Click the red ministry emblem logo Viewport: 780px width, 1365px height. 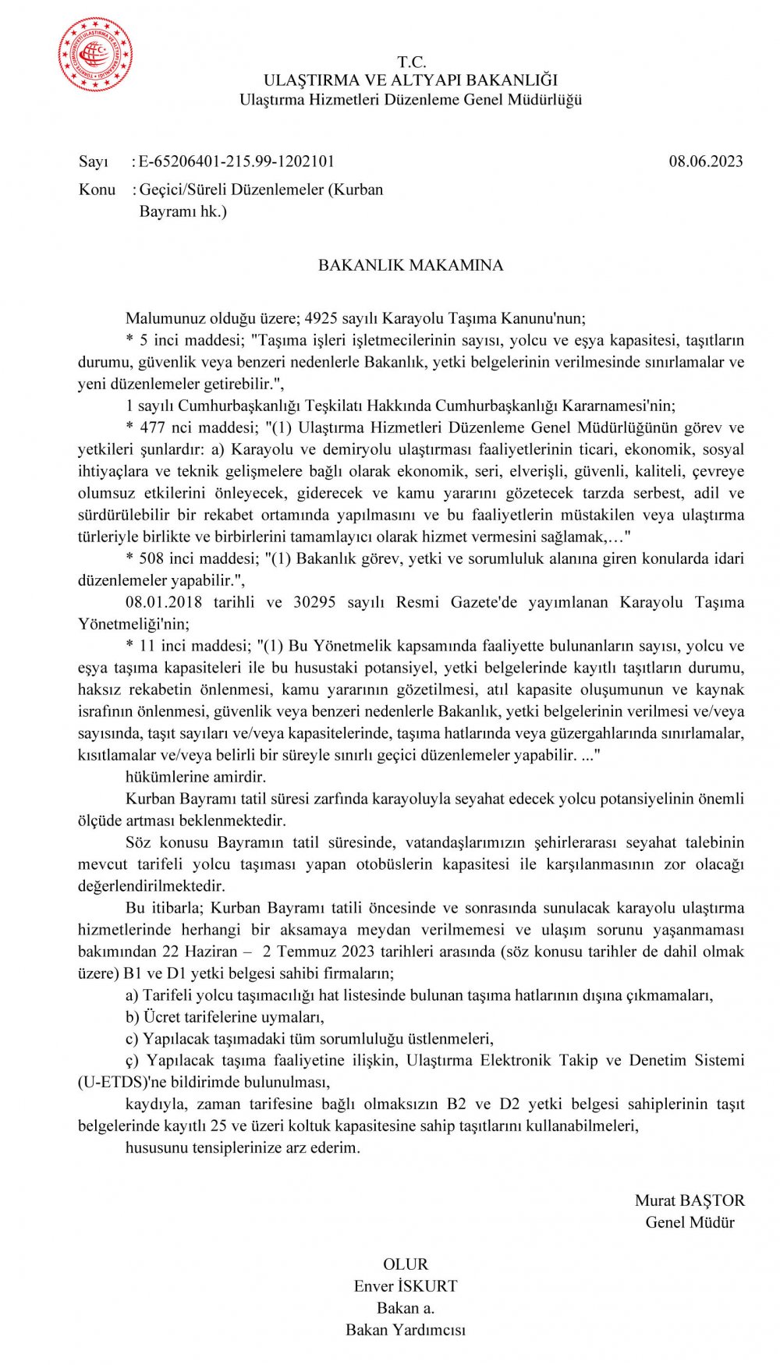pyautogui.click(x=95, y=55)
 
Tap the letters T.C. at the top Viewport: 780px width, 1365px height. pyautogui.click(x=411, y=62)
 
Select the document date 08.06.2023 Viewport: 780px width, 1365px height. pyautogui.click(x=705, y=161)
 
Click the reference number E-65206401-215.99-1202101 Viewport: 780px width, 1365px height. pyautogui.click(x=236, y=161)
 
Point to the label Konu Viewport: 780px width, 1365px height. pyautogui.click(x=97, y=190)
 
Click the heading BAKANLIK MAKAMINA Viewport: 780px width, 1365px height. pyautogui.click(x=410, y=265)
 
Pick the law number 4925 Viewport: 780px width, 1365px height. pyautogui.click(x=321, y=318)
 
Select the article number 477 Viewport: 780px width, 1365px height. pyautogui.click(x=152, y=427)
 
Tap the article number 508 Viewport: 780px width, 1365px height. pyautogui.click(x=152, y=558)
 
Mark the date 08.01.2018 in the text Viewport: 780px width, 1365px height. pyautogui.click(x=164, y=602)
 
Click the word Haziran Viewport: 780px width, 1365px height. pyautogui.click(x=211, y=952)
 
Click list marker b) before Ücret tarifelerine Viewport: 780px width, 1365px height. pyautogui.click(x=133, y=1017)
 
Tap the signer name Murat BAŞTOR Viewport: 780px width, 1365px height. pyautogui.click(x=690, y=1200)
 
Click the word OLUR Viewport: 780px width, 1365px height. pyautogui.click(x=406, y=1264)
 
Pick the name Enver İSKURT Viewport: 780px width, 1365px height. pyautogui.click(x=406, y=1286)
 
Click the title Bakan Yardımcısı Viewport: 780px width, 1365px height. pyautogui.click(x=406, y=1330)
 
